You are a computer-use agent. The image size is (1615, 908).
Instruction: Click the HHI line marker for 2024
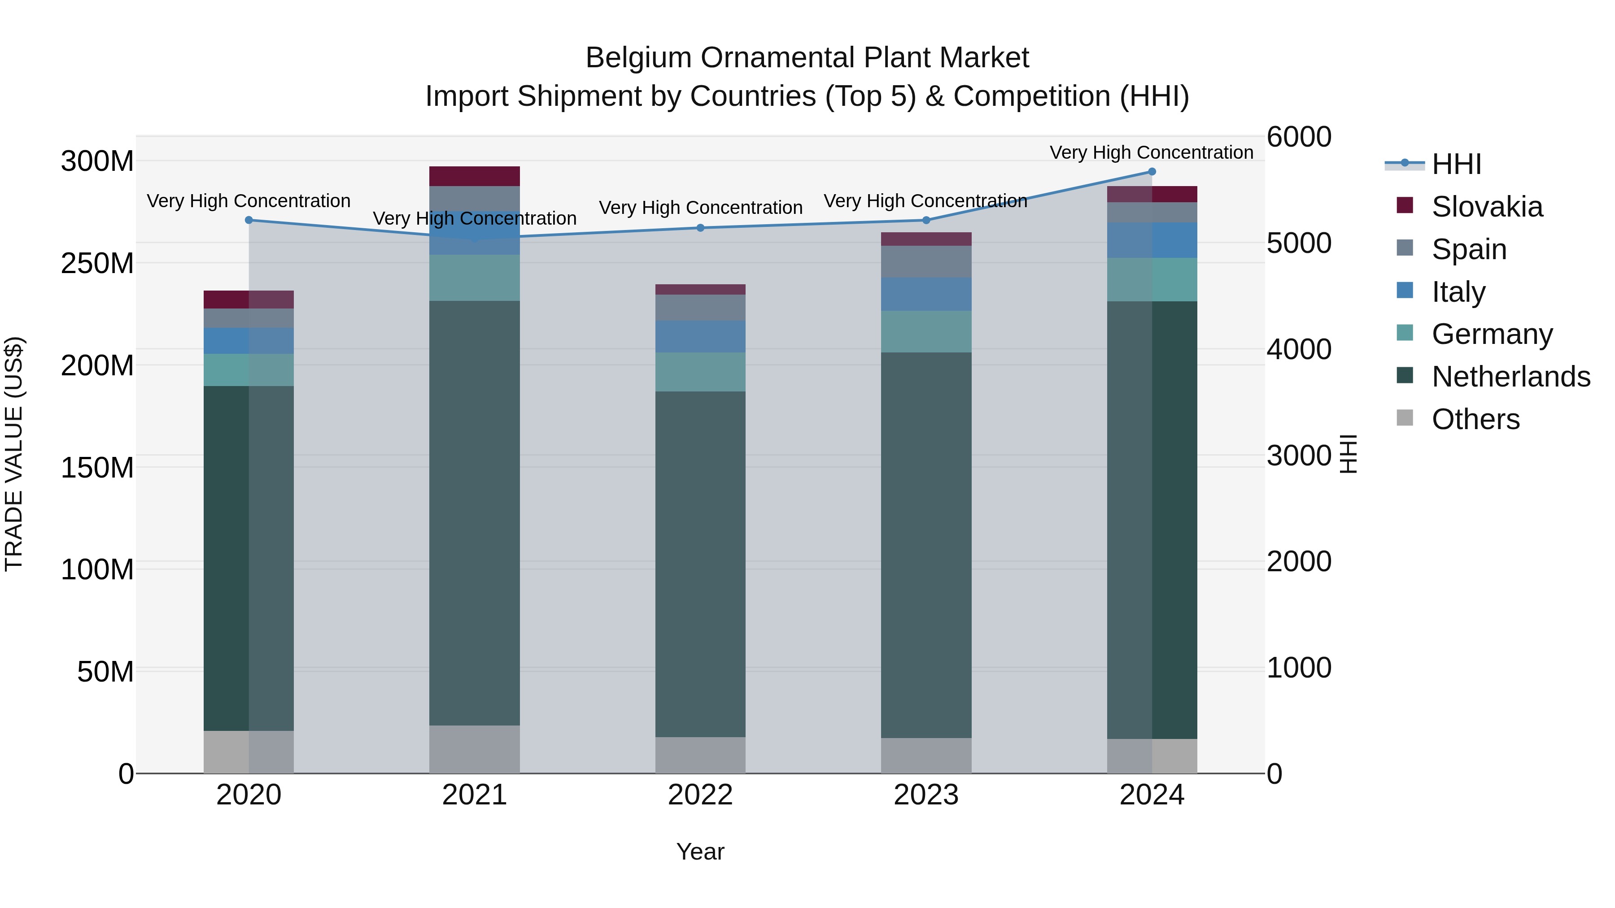point(1152,172)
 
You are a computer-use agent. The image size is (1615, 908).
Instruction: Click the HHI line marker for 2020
point(249,220)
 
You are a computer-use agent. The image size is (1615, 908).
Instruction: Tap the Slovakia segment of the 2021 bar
point(475,176)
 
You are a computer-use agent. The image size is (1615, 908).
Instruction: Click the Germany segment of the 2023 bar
point(926,331)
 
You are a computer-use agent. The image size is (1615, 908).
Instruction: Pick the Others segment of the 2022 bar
point(700,755)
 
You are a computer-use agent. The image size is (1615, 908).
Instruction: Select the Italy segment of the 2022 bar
point(700,336)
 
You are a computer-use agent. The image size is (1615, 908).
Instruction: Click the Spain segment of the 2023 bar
point(926,261)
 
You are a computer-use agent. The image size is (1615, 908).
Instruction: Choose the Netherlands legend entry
point(1511,377)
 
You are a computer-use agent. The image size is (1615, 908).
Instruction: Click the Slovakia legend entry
point(1487,207)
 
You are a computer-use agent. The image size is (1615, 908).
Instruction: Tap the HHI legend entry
point(1456,164)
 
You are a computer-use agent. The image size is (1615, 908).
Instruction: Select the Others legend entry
point(1475,419)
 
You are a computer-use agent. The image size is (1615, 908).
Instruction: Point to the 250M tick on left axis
point(97,264)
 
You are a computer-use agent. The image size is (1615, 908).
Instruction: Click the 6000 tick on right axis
point(1298,137)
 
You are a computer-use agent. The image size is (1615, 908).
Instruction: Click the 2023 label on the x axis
point(926,795)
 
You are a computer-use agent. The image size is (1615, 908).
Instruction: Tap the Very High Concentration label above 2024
point(1151,152)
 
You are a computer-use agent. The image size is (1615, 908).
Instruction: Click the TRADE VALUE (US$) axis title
point(14,454)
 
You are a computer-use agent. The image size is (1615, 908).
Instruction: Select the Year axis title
point(700,852)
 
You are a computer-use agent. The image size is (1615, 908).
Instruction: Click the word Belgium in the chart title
point(639,58)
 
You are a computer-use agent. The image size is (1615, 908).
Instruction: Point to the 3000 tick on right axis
point(1298,456)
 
